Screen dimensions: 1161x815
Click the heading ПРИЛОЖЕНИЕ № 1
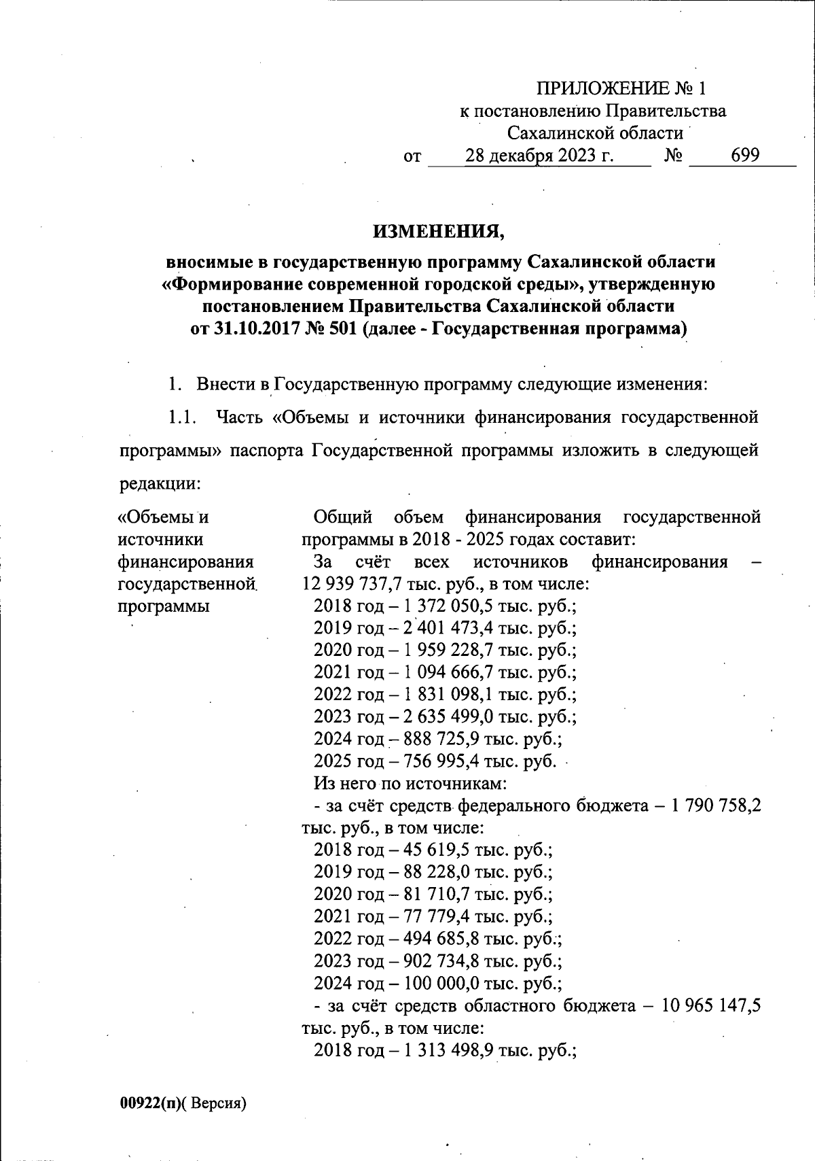621,88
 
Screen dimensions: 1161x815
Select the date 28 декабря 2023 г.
539,156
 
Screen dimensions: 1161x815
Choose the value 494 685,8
443,939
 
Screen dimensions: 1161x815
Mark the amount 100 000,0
443,983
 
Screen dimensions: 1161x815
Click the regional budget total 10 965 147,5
711,1005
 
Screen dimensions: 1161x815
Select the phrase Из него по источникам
410,784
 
